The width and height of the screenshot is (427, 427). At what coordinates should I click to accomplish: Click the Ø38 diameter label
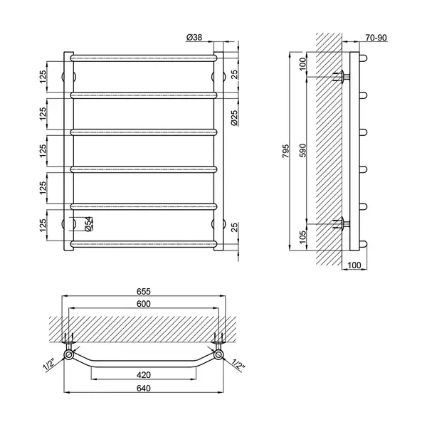click(194, 37)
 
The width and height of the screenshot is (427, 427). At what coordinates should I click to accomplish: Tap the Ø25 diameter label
click(234, 117)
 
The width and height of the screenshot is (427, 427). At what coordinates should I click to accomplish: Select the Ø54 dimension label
click(89, 224)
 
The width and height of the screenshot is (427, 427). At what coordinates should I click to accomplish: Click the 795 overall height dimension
click(285, 151)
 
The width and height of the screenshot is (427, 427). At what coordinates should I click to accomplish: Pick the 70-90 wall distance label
click(376, 38)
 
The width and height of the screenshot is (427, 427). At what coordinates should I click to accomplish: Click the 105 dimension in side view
click(303, 237)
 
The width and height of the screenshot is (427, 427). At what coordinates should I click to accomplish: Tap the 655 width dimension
click(144, 292)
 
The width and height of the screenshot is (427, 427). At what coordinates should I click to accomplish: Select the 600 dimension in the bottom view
click(144, 304)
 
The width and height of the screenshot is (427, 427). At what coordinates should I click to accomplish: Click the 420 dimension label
click(144, 375)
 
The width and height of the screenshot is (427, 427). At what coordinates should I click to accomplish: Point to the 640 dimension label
click(144, 389)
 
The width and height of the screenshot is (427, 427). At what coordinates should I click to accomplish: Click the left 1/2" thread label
click(49, 365)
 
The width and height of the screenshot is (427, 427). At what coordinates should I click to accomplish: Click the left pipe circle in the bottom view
click(68, 354)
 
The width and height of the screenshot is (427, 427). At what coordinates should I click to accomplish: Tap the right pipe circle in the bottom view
click(218, 354)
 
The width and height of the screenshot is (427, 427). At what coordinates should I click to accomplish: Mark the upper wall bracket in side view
click(341, 77)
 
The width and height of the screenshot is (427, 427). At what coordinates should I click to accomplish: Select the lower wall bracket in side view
click(341, 224)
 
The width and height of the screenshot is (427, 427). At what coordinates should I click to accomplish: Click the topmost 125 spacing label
click(43, 77)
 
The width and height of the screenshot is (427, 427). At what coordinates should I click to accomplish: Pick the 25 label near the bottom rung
click(234, 228)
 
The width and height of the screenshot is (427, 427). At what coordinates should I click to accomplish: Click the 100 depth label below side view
click(354, 265)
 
